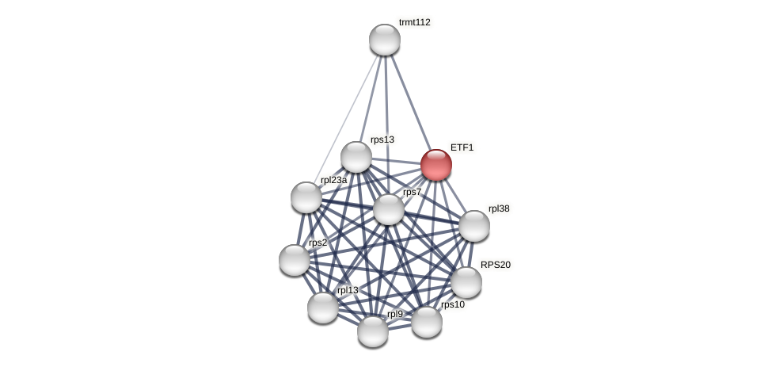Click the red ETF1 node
point(436,165)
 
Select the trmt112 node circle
point(385,40)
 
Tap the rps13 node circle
point(356,157)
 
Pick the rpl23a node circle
point(306,197)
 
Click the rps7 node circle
point(389,209)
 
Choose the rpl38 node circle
point(474,226)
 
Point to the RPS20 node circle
point(466,282)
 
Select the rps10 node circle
point(427,322)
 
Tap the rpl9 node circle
point(373,331)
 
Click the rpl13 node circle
point(323,308)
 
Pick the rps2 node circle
point(295,260)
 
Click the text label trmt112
point(414,22)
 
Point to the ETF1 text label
point(462,147)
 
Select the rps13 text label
point(382,140)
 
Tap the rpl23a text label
point(333,180)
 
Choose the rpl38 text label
point(499,208)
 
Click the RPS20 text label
point(496,265)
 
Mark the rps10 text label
point(453,304)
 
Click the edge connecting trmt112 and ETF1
point(410,101)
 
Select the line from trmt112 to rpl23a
point(346,117)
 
